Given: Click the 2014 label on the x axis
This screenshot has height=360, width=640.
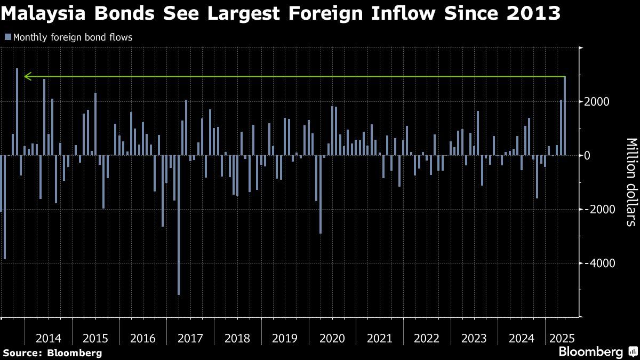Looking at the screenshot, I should click(x=49, y=338).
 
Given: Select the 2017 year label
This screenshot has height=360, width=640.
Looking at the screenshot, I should click(x=190, y=338).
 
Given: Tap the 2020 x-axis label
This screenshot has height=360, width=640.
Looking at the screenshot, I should click(x=332, y=338).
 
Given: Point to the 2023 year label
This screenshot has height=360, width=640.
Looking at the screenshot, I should click(x=474, y=338).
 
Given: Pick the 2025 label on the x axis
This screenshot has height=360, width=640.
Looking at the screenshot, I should click(x=562, y=338).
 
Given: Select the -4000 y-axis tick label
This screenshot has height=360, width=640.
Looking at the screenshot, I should click(x=596, y=263).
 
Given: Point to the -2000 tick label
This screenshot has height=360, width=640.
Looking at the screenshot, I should click(x=596, y=209).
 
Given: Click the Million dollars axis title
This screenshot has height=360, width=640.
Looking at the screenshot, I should click(x=631, y=182).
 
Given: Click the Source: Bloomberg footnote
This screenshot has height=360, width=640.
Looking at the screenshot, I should click(x=52, y=353).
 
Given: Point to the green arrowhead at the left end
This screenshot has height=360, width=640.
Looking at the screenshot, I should click(x=27, y=77).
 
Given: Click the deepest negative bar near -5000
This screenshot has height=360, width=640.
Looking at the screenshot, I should click(x=178, y=225).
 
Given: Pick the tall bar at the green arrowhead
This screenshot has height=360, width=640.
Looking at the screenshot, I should click(x=17, y=111).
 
